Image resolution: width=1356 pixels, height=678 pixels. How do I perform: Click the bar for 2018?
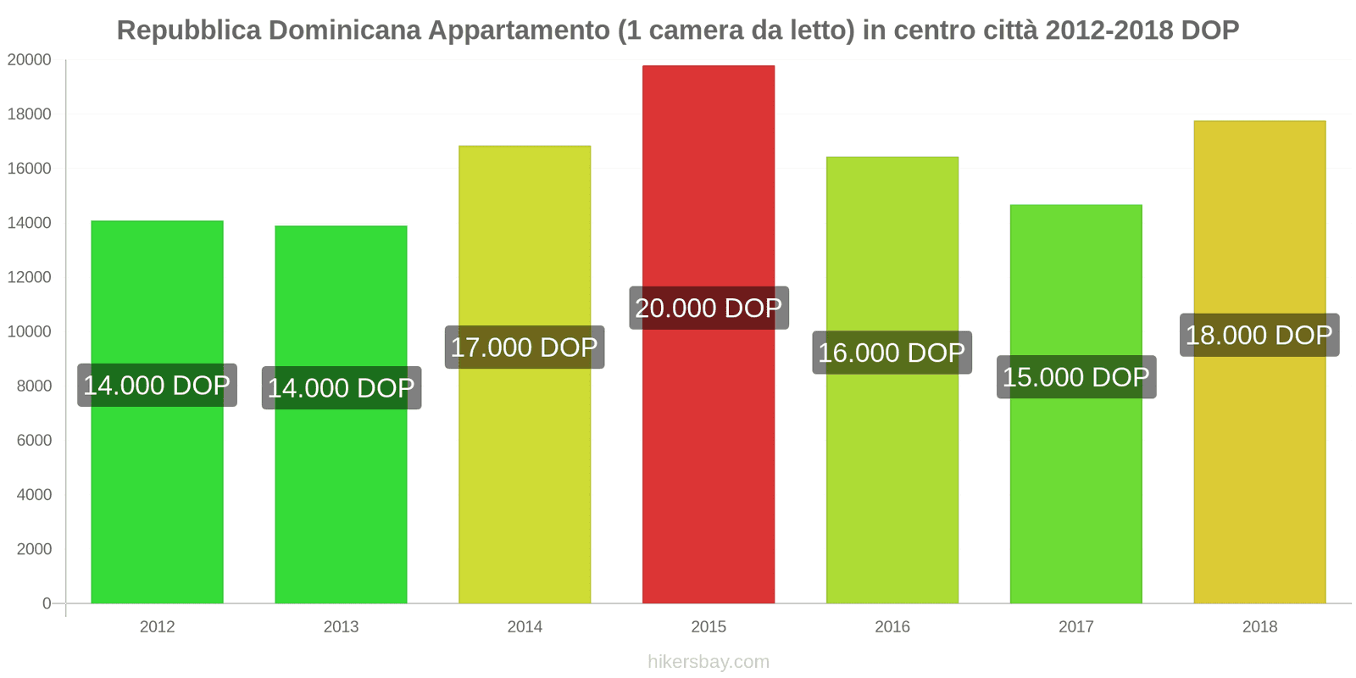[1259, 475]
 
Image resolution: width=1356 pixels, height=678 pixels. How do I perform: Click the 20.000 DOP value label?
[708, 308]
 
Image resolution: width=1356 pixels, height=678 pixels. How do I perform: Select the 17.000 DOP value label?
[525, 347]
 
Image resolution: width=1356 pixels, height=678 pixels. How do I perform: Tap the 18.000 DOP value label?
[1259, 335]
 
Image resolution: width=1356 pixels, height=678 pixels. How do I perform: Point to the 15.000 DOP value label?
[1075, 377]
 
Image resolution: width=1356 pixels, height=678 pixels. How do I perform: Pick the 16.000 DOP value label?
[892, 353]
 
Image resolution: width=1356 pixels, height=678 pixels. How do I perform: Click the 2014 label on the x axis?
[525, 627]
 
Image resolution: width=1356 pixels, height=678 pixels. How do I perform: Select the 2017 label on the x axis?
[1075, 627]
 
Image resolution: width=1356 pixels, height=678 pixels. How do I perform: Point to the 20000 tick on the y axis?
[30, 60]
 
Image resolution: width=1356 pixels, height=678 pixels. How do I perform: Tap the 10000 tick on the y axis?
[30, 332]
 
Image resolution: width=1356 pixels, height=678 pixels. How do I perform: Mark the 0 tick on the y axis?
[47, 603]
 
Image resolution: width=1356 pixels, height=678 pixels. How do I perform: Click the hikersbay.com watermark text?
[708, 662]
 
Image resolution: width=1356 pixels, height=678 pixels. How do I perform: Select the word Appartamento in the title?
[519, 31]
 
